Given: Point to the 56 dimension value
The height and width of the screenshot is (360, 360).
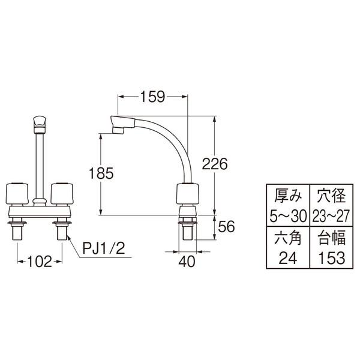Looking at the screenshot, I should (x=225, y=227).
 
